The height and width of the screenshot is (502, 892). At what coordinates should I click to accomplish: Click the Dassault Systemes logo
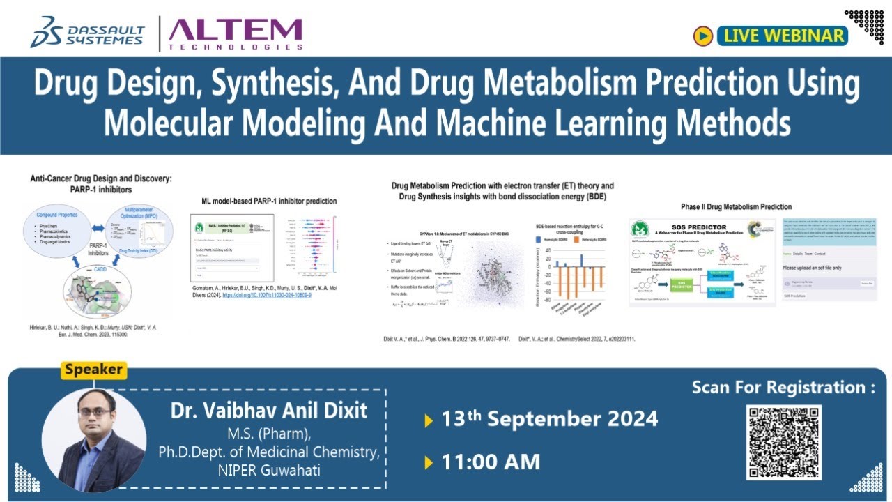[86, 33]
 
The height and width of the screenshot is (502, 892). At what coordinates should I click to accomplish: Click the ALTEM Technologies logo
[236, 33]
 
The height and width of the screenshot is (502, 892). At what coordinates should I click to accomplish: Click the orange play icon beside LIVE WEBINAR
[702, 36]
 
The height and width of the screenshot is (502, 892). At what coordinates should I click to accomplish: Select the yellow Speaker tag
[93, 370]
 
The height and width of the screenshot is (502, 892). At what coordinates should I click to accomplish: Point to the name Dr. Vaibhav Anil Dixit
[270, 411]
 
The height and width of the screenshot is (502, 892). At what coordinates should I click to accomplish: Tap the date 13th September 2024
[550, 419]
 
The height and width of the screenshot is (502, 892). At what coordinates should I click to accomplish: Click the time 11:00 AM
[491, 462]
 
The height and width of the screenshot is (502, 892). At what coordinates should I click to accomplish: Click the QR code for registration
[784, 442]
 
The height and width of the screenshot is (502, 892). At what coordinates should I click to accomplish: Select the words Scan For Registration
[783, 388]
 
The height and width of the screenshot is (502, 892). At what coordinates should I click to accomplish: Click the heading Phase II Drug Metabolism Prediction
[736, 207]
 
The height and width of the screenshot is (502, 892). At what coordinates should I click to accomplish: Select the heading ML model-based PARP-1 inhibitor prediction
[264, 201]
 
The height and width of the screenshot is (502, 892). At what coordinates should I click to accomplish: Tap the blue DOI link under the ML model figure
[266, 296]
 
